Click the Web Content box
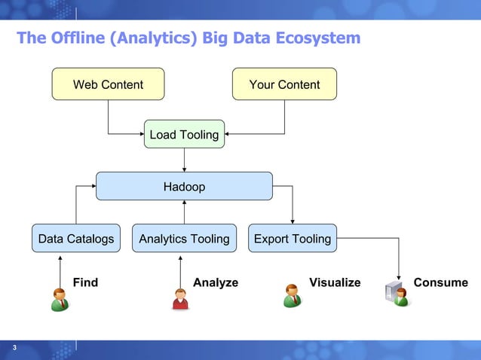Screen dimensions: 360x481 tap(108, 84)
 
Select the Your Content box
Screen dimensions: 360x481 tap(284, 84)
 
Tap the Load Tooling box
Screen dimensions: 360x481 tap(184, 135)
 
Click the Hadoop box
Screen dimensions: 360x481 tap(184, 186)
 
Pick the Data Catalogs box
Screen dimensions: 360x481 tap(76, 239)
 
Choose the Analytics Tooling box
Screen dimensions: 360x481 tap(184, 239)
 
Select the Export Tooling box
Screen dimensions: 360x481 tap(293, 239)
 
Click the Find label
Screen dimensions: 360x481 tap(85, 282)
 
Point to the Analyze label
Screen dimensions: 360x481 tap(216, 282)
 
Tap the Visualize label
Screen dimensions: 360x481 tap(335, 282)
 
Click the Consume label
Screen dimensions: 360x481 tap(440, 282)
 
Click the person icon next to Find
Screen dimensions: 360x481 tap(60, 298)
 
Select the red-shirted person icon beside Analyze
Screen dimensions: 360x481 tap(180, 298)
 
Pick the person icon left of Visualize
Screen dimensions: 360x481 tap(292, 295)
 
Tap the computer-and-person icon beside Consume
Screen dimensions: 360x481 tap(397, 294)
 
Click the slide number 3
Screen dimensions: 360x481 tap(14, 347)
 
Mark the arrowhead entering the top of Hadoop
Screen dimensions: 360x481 tap(184, 169)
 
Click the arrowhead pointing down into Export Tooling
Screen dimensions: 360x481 tap(293, 221)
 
